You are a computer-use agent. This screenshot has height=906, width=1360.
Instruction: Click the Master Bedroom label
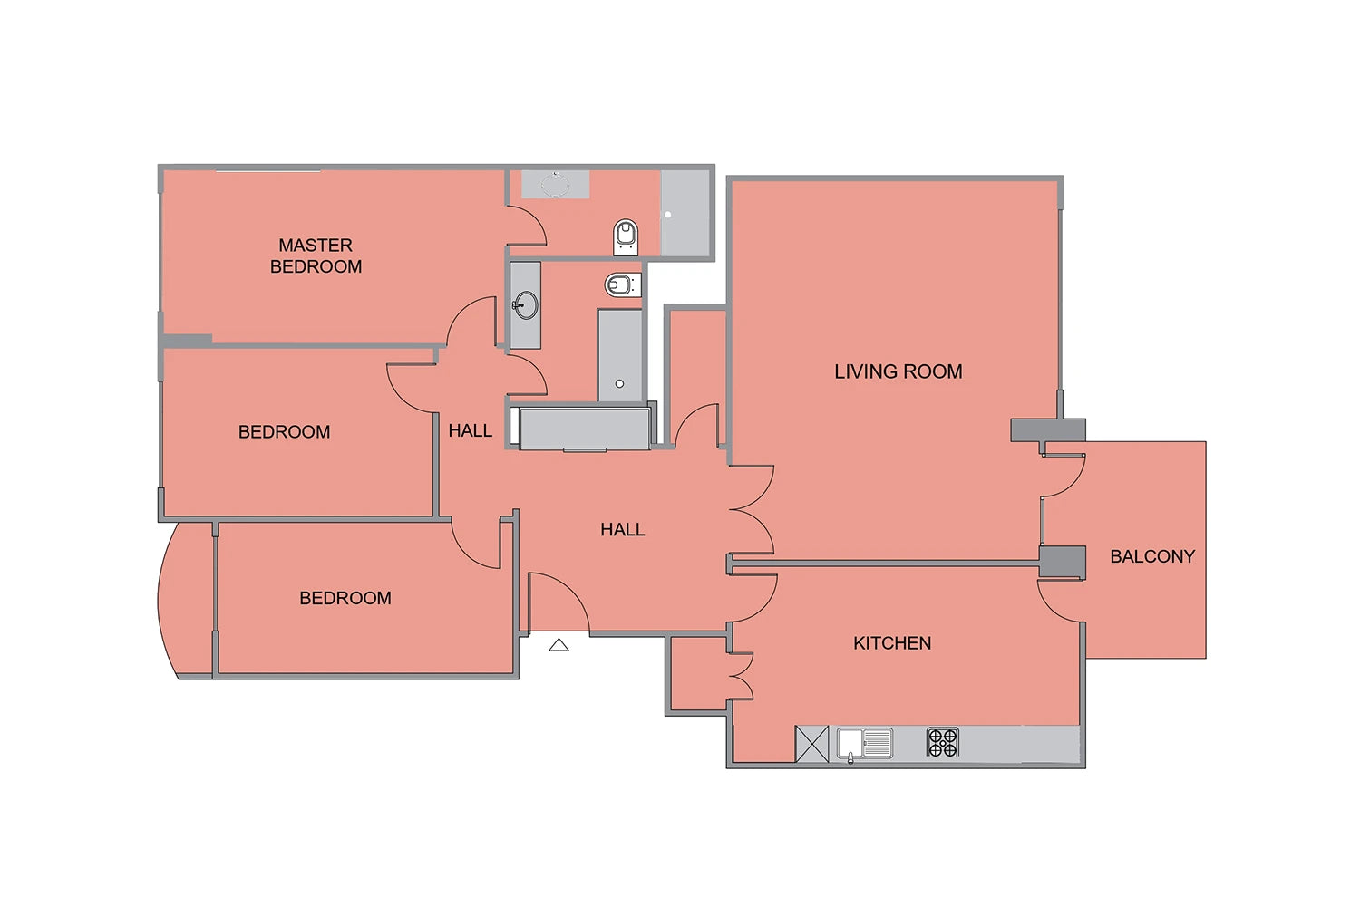pyautogui.click(x=316, y=255)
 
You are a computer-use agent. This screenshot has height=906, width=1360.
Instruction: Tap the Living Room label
pyautogui.click(x=898, y=371)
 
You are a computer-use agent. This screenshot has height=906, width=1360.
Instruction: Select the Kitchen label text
pyautogui.click(x=892, y=642)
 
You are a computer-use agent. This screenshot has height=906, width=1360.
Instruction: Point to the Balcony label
pyautogui.click(x=1152, y=556)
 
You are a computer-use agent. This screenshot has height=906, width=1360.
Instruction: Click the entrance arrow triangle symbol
pyautogui.click(x=559, y=644)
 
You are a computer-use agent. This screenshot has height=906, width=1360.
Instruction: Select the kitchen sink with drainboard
pyautogui.click(x=865, y=744)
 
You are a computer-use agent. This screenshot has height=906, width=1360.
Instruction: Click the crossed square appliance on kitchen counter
pyautogui.click(x=811, y=743)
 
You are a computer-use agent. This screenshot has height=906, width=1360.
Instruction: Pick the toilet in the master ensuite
pyautogui.click(x=626, y=237)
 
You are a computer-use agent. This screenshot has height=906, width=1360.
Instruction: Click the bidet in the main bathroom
pyautogui.click(x=623, y=284)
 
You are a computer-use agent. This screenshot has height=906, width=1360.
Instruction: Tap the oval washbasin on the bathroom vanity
pyautogui.click(x=526, y=305)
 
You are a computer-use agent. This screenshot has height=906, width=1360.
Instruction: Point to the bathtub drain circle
pyautogui.click(x=619, y=383)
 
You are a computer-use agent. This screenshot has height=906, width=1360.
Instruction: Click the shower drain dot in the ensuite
pyautogui.click(x=668, y=214)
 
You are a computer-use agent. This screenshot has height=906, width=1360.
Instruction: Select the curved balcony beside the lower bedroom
pyautogui.click(x=185, y=600)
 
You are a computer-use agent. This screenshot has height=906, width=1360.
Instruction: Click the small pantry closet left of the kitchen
pyautogui.click(x=698, y=673)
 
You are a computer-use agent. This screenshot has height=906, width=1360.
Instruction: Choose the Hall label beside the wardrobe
pyautogui.click(x=470, y=431)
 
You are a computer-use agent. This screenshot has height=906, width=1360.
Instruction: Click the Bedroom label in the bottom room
pyautogui.click(x=345, y=598)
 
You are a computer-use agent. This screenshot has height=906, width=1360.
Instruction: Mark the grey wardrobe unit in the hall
pyautogui.click(x=584, y=429)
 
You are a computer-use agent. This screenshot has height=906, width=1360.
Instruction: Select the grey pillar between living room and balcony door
pyautogui.click(x=1047, y=430)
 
